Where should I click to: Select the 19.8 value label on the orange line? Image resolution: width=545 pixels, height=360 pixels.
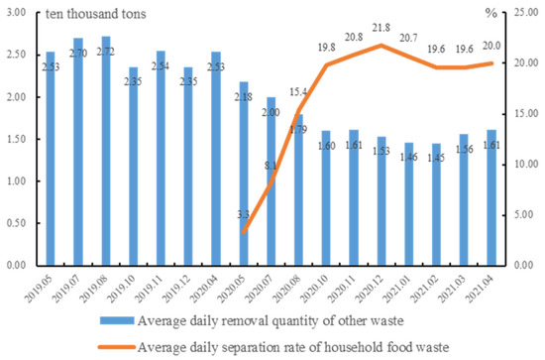pos(327,47)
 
